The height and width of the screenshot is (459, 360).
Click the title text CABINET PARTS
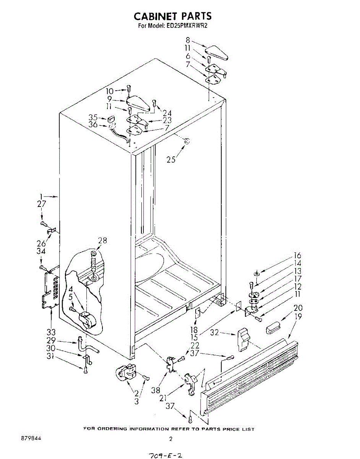[172, 16]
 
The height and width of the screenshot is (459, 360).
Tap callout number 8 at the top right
[188, 40]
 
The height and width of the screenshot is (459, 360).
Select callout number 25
[171, 160]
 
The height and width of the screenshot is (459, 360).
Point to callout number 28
[102, 241]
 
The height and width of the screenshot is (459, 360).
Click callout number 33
[51, 332]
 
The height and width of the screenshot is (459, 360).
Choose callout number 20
[298, 308]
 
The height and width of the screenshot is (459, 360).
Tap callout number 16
[297, 256]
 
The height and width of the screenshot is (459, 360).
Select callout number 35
[93, 117]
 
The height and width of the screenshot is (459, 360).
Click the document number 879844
[31, 438]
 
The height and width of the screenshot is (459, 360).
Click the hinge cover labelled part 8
[217, 53]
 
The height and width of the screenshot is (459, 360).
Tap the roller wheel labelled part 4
[87, 319]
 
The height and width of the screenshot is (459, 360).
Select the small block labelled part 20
[273, 327]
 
